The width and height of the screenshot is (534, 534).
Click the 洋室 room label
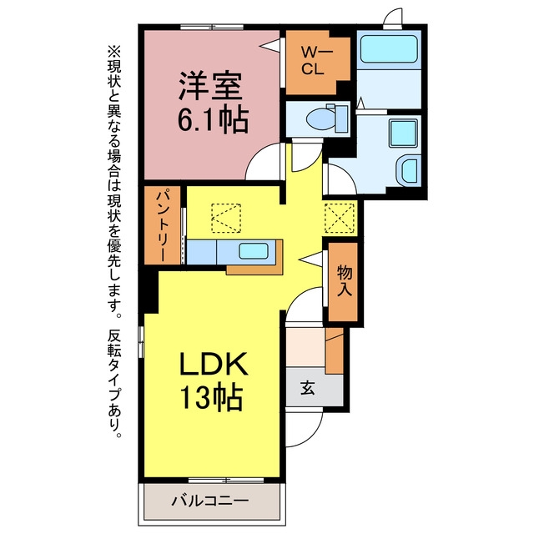[210, 85]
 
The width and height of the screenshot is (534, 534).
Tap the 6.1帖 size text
[213, 120]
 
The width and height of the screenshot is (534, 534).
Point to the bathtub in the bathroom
[389, 48]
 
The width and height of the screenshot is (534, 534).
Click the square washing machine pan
[403, 133]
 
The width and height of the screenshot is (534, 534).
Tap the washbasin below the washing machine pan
[407, 169]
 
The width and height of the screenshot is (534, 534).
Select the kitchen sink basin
[254, 251]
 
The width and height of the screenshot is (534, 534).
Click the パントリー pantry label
[162, 226]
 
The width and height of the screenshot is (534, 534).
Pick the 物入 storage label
[345, 280]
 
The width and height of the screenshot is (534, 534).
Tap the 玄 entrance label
[308, 387]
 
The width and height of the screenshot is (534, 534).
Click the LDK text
[214, 363]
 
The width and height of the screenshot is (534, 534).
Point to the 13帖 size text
[211, 397]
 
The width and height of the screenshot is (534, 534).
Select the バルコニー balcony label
[209, 501]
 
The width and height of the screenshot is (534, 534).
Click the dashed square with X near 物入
[340, 218]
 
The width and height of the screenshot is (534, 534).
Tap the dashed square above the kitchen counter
[226, 219]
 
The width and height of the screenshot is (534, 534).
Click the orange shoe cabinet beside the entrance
[335, 350]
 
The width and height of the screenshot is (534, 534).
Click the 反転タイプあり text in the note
[114, 383]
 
